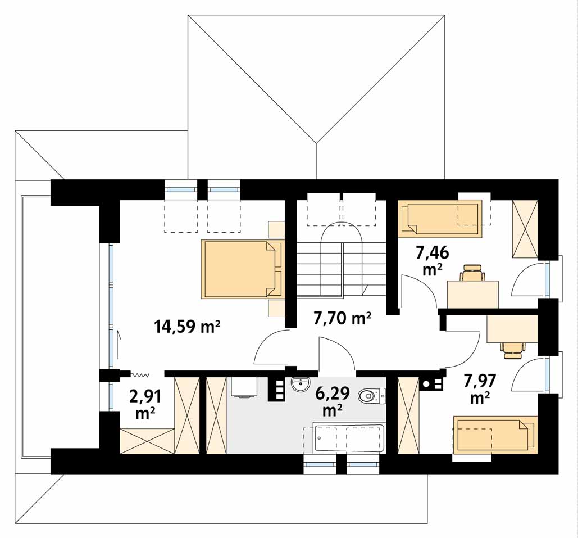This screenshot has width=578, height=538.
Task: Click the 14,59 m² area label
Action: (188, 326)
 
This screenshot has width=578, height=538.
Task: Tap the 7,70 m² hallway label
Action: (342, 318)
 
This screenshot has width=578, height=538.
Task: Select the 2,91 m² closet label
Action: (145, 405)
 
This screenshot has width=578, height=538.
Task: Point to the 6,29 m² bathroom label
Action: (333, 401)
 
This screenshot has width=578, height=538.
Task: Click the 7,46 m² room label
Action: (433, 261)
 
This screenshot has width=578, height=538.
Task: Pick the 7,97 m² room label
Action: (480, 388)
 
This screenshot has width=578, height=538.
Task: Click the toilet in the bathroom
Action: (372, 396)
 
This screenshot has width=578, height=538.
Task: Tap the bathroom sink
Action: (302, 385)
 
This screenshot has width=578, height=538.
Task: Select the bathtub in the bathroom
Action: (348, 438)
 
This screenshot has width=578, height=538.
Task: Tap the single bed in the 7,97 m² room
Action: (495, 434)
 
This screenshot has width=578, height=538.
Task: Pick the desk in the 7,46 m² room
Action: (472, 294)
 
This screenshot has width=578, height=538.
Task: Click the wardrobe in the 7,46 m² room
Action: (525, 229)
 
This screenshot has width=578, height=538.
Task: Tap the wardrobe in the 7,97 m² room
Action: (409, 415)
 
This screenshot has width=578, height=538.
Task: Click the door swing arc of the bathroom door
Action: (343, 347)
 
